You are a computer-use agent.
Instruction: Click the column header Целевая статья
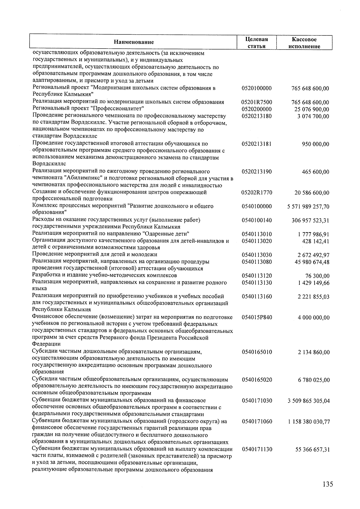pos(256,43)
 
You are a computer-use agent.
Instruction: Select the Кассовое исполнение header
pos(304,43)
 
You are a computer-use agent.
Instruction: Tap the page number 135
pos(328,484)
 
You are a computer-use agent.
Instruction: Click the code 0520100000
pos(256,88)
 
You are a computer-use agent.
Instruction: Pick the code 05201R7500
pos(256,102)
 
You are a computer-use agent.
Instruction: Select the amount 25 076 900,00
pos(312,109)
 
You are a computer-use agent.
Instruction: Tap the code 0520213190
pos(256,172)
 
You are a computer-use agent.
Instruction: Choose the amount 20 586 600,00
pos(312,193)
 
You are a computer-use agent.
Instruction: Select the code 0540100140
pos(256,220)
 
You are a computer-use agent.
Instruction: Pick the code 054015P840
pos(256,317)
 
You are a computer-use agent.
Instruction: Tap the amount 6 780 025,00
pos(313,380)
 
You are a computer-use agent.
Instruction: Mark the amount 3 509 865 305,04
pos(308,401)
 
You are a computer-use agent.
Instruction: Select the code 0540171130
pos(256,449)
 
